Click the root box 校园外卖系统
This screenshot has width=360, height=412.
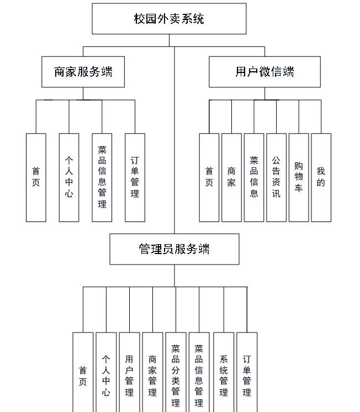169,19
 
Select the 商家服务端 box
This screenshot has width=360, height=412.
83,72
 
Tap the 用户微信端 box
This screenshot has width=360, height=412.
264,72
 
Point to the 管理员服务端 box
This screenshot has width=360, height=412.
174,249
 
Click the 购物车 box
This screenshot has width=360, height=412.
299,177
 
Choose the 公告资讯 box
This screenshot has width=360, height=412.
276,177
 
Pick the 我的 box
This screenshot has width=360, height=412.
321,177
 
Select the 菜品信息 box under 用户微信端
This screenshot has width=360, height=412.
254,177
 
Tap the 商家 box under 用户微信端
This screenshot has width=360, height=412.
231,177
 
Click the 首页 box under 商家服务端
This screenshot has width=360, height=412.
36,177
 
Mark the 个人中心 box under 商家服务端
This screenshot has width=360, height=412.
69,177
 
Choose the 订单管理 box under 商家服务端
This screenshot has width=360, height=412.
135,177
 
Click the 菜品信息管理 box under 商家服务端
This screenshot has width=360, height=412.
102,177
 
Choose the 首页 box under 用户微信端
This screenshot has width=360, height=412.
209,177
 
